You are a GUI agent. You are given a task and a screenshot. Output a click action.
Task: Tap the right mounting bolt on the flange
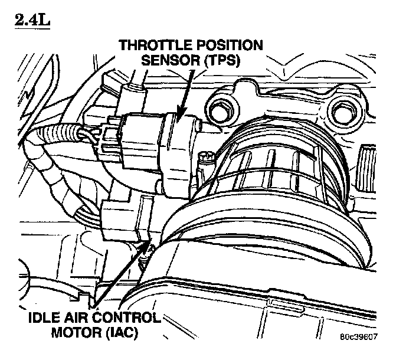[x=342, y=109]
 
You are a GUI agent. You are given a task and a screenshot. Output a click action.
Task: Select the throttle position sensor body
[x=177, y=148]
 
